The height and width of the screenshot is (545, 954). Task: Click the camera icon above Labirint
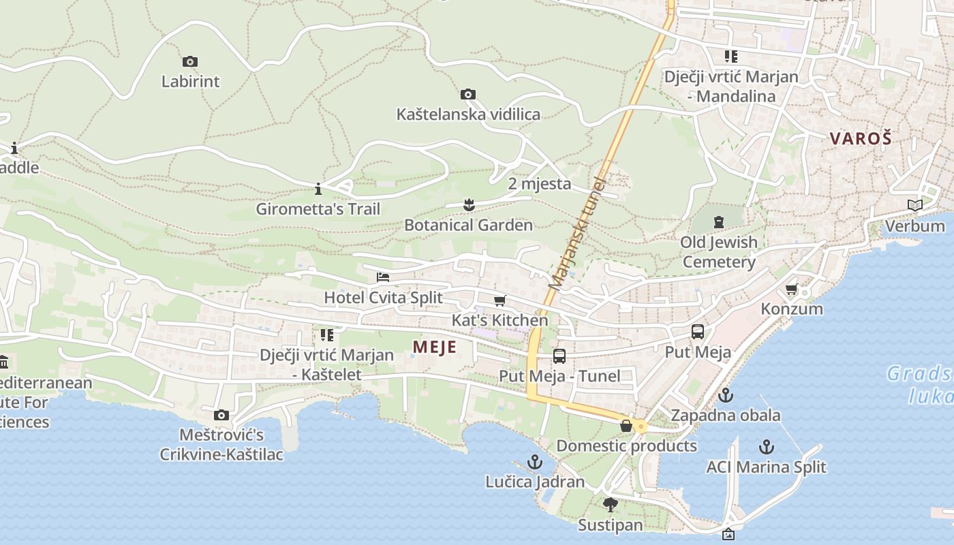coord(190,62)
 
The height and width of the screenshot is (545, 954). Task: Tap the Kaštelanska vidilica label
coord(468,114)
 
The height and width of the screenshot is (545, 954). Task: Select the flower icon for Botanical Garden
coord(468,204)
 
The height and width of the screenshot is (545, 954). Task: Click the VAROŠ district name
coord(861,138)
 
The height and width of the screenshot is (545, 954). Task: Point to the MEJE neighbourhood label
coord(434,347)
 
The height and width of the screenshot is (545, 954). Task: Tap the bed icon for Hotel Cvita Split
coord(383,277)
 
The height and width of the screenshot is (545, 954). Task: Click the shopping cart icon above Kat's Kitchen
coord(500,300)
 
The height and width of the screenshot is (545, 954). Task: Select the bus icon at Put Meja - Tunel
coord(559,356)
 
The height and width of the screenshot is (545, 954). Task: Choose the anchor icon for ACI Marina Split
coord(767,447)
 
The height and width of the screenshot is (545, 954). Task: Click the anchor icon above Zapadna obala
coord(726,395)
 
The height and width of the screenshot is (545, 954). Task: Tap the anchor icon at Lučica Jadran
coord(535,462)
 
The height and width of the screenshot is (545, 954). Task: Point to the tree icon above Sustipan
coord(610,505)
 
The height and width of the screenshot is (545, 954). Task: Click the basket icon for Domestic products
coord(626,426)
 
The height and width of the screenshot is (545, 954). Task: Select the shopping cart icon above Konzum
coord(792,289)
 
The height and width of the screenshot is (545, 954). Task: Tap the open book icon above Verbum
coord(914,205)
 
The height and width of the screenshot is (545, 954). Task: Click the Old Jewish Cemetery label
coord(718,252)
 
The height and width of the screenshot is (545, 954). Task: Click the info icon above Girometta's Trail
coord(318,188)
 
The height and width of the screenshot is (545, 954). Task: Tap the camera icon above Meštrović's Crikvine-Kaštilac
coord(221,415)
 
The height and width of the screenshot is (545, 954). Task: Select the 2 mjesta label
coord(540,183)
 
